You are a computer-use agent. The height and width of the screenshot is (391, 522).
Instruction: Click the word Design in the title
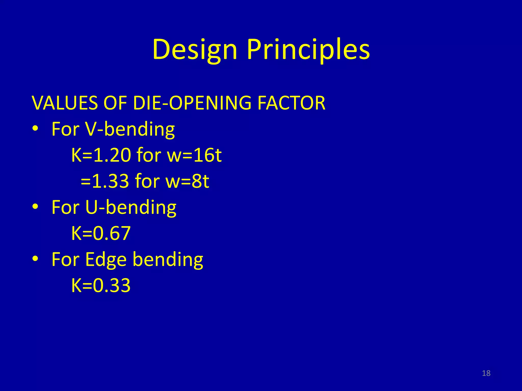click(x=195, y=50)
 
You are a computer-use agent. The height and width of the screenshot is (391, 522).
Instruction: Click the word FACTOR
click(x=291, y=103)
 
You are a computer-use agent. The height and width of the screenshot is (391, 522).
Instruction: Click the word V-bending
click(x=130, y=129)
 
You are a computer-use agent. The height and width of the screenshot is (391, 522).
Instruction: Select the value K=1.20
click(x=101, y=155)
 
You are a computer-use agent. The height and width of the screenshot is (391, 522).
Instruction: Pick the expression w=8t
click(x=187, y=181)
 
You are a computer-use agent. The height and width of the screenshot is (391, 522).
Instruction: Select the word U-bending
click(x=130, y=207)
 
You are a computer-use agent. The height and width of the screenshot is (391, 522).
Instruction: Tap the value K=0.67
click(x=101, y=233)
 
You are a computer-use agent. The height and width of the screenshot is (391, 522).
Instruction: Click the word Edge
click(x=106, y=260)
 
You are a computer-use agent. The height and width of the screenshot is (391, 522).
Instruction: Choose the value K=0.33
click(x=101, y=285)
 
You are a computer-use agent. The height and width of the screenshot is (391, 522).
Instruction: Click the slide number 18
click(x=486, y=373)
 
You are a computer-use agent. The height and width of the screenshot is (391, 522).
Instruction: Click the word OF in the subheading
click(x=115, y=103)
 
